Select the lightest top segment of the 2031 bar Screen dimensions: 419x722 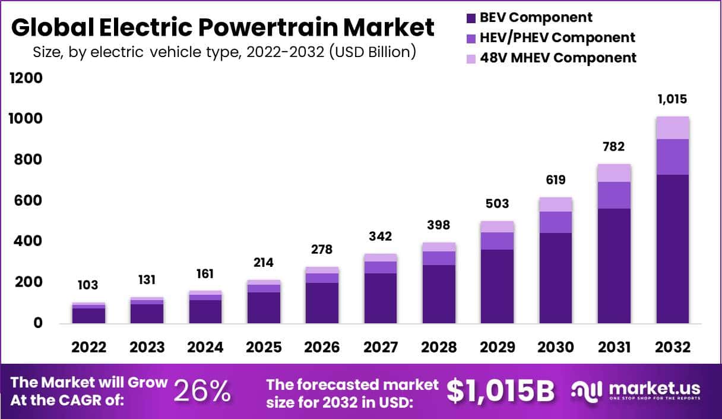click(x=614, y=173)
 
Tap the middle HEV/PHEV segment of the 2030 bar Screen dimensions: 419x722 click(x=556, y=222)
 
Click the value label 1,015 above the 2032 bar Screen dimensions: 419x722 click(x=672, y=99)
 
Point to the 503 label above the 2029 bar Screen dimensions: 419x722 click(x=497, y=204)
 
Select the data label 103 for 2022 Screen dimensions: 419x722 click(x=88, y=285)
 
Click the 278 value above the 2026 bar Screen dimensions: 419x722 click(x=322, y=249)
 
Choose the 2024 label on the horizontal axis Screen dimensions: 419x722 click(x=205, y=348)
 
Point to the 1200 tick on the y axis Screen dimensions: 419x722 click(x=26, y=78)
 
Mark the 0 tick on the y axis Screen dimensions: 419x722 click(x=37, y=323)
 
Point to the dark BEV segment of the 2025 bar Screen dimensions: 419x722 click(x=264, y=307)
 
